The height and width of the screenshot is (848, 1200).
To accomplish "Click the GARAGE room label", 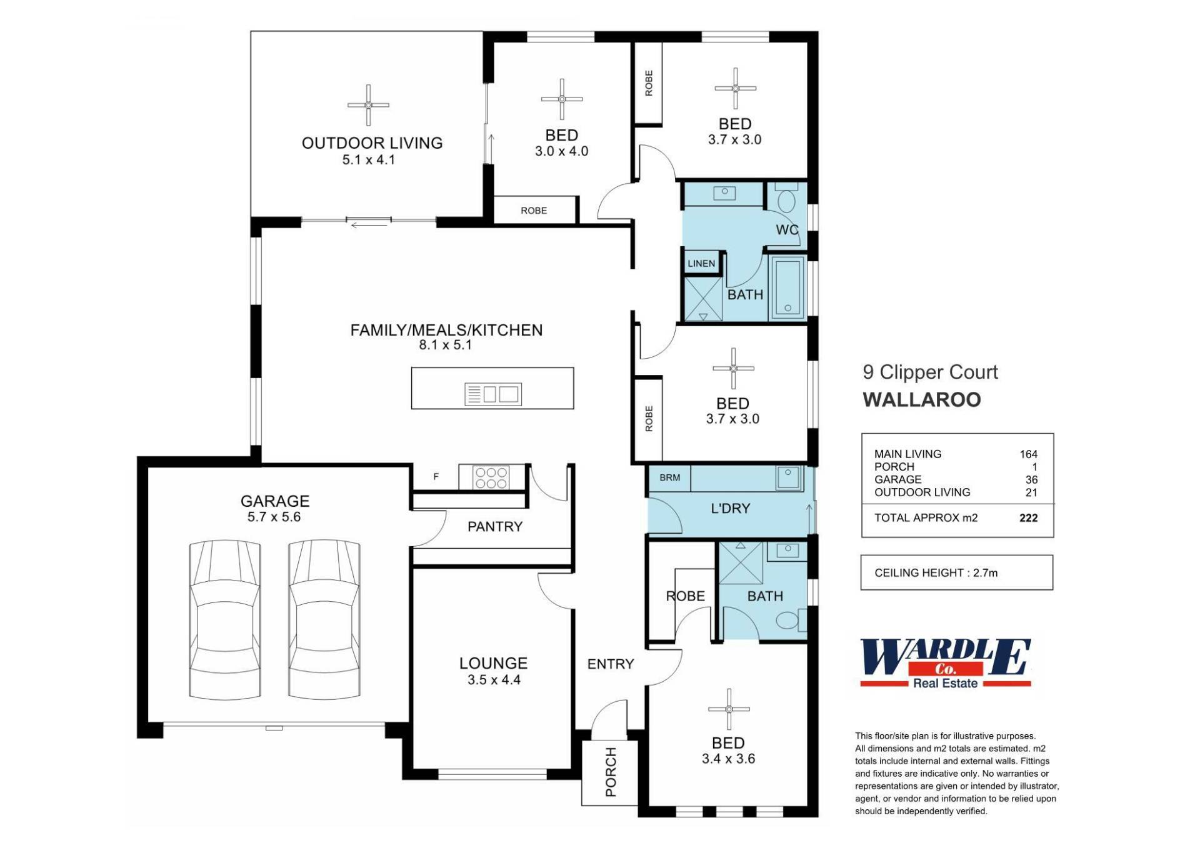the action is (275, 501).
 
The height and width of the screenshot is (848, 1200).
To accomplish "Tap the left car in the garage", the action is (225, 619).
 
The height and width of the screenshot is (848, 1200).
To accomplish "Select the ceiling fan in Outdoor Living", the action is (368, 105).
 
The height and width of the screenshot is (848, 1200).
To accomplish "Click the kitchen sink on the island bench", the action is (493, 394).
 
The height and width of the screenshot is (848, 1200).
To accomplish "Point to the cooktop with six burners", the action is (491, 478).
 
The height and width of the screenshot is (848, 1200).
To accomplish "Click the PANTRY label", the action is (495, 527).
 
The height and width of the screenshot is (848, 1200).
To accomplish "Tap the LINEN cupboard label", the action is (701, 264).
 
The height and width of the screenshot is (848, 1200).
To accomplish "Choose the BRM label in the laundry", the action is (669, 477).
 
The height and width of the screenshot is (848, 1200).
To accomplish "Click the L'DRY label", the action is (730, 509).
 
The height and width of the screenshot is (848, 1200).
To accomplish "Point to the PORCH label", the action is (611, 772).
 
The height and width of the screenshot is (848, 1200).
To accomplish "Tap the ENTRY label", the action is (611, 664).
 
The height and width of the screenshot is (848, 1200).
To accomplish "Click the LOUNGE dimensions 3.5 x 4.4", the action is (494, 680).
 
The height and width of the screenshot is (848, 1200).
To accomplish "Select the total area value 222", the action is (1028, 518).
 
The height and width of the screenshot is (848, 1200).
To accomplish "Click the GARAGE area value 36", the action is (1031, 480).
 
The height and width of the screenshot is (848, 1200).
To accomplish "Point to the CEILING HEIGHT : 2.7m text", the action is (936, 573).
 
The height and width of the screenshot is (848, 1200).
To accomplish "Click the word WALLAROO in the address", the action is (922, 400).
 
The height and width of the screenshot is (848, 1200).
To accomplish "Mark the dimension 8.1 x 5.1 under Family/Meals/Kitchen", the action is (445, 345).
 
